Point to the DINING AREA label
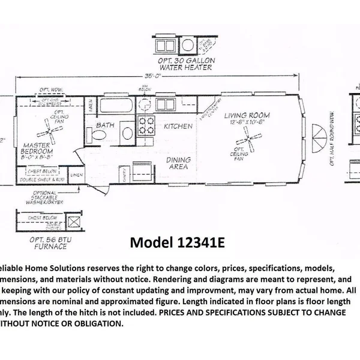[179, 164]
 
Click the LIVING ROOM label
[247, 115]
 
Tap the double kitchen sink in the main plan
[165, 106]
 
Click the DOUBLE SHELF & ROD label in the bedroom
[41, 179]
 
